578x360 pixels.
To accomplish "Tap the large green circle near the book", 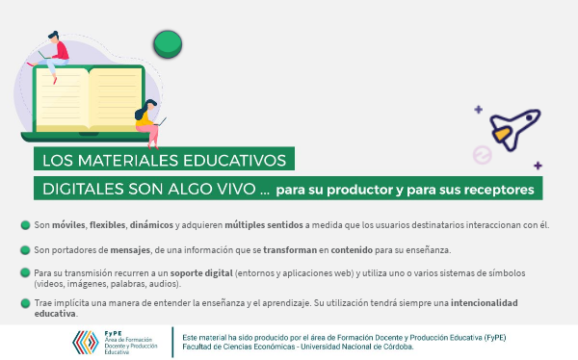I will [x=169, y=41].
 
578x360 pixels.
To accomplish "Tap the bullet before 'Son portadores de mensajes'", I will [x=25, y=249].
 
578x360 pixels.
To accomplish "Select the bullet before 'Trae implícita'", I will [x=25, y=302].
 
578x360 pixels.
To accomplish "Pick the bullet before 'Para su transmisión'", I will [x=25, y=272].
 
